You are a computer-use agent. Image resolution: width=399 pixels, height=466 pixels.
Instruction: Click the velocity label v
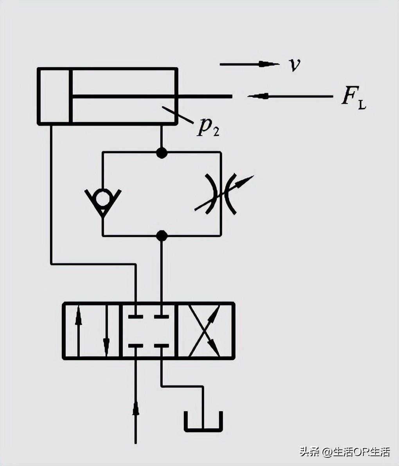tap(295, 65)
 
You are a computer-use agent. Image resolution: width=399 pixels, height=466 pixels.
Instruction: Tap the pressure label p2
tap(208, 127)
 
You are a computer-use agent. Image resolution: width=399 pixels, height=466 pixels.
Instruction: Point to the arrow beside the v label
tap(268, 64)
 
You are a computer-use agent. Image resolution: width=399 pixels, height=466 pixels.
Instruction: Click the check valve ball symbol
tap(103, 197)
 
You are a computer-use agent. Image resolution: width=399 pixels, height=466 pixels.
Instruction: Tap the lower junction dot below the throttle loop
tap(162, 236)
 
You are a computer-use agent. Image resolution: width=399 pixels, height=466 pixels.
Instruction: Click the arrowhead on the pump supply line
tap(136, 409)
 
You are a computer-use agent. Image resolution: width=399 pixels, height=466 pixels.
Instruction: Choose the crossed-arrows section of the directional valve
tap(206, 331)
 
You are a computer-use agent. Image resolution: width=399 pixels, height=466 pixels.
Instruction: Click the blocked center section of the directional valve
tap(149, 331)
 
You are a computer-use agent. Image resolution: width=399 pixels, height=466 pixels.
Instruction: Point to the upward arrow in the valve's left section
tap(79, 316)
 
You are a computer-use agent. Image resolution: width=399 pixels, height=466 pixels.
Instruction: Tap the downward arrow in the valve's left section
tap(106, 346)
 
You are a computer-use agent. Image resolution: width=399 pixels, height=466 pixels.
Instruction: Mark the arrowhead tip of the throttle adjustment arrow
tap(252, 177)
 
